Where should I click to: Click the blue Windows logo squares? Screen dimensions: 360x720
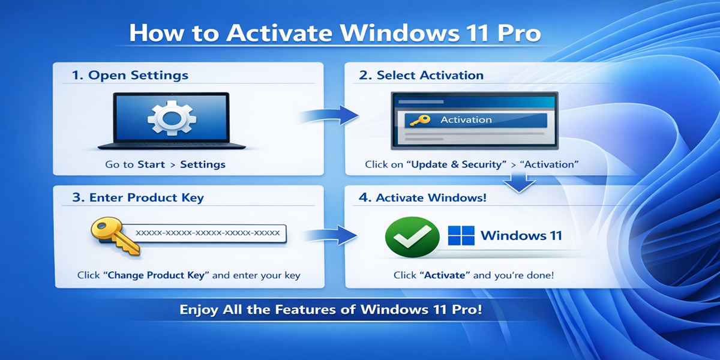tap(461, 235)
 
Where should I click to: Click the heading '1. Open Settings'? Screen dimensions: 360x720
tap(130, 76)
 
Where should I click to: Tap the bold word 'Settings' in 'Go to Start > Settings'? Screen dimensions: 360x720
tap(203, 164)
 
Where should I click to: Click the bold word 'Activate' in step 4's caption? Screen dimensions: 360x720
tap(445, 275)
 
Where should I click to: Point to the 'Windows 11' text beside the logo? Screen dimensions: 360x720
tap(521, 235)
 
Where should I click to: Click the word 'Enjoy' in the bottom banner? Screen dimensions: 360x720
tap(200, 310)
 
